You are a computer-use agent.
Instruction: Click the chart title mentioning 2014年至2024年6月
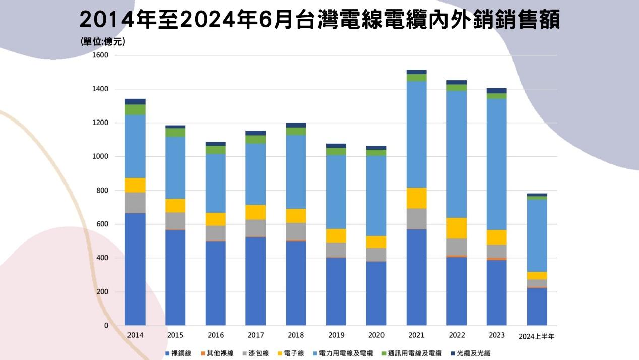pyautogui.click(x=319, y=20)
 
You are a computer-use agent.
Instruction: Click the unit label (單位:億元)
pyautogui.click(x=103, y=42)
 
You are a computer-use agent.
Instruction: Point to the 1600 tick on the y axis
pyautogui.click(x=100, y=55)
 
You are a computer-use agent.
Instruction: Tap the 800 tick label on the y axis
pyautogui.click(x=102, y=191)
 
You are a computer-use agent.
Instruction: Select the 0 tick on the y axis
pyautogui.click(x=106, y=326)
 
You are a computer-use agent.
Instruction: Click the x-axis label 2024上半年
pyautogui.click(x=536, y=336)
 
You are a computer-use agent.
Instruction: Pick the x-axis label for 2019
pyautogui.click(x=336, y=335)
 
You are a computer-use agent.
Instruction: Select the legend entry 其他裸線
pyautogui.click(x=220, y=353)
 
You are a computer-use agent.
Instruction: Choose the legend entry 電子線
pyautogui.click(x=294, y=353)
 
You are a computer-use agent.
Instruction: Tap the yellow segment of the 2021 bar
pyautogui.click(x=416, y=198)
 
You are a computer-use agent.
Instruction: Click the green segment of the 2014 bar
pyautogui.click(x=135, y=109)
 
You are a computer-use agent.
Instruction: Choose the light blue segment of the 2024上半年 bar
pyautogui.click(x=537, y=236)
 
